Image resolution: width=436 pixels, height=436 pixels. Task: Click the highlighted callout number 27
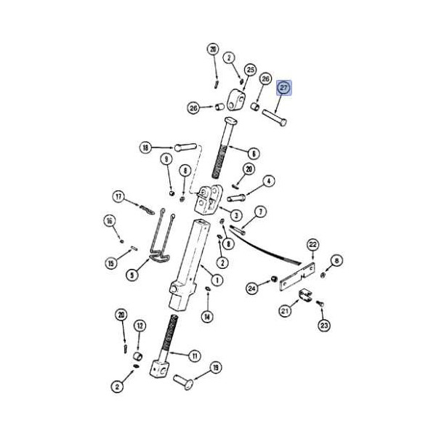pyautogui.click(x=283, y=88)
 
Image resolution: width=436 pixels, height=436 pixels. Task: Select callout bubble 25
pyautogui.click(x=251, y=70)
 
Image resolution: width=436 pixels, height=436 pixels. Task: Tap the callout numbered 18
pyautogui.click(x=146, y=148)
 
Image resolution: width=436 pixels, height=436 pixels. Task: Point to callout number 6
pyautogui.click(x=254, y=153)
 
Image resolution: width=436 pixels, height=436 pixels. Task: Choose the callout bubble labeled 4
pyautogui.click(x=268, y=181)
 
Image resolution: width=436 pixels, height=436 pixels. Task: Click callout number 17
pyautogui.click(x=118, y=197)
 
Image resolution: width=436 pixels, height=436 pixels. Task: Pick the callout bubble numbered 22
pyautogui.click(x=312, y=245)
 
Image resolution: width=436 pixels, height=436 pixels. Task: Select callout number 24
pyautogui.click(x=252, y=288)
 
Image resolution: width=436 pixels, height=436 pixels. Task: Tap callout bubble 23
pyautogui.click(x=324, y=325)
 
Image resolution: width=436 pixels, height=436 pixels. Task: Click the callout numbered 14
pyautogui.click(x=207, y=317)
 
